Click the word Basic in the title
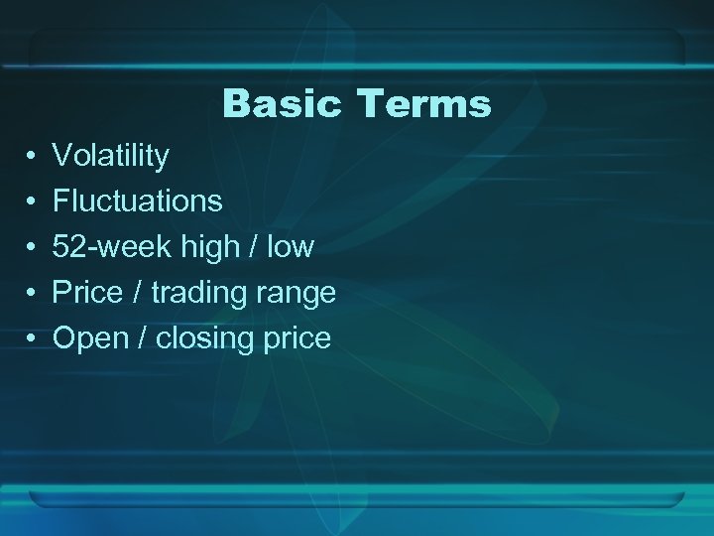tap(281, 103)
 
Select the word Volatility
tap(111, 156)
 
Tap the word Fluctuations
tap(137, 201)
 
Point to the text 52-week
tap(112, 247)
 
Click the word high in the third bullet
tap(211, 247)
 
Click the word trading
tap(196, 294)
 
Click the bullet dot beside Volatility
tap(33, 157)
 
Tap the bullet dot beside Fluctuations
tap(33, 202)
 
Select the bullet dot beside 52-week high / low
tap(33, 248)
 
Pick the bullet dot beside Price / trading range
tap(33, 294)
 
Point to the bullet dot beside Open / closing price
tap(33, 339)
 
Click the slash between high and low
tap(253, 247)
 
